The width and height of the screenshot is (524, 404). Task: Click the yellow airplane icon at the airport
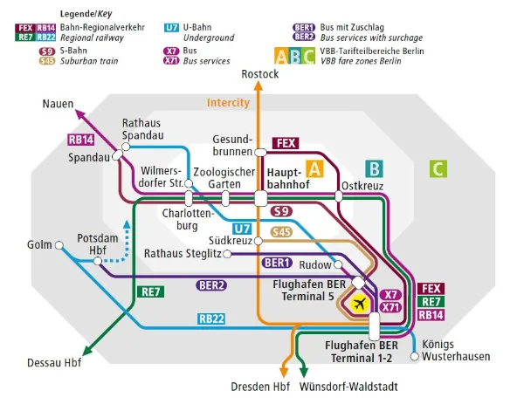click(358, 304)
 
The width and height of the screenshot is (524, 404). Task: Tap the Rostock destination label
click(259, 74)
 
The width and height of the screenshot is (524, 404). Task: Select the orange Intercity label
click(228, 103)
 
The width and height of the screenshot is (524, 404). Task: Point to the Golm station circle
click(59, 246)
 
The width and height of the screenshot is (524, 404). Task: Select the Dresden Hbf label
click(259, 387)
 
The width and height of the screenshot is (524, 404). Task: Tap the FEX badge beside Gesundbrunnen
click(286, 142)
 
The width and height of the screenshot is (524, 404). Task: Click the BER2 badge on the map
click(212, 285)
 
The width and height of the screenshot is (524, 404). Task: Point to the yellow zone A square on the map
click(315, 169)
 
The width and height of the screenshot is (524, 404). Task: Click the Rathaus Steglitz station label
click(178, 254)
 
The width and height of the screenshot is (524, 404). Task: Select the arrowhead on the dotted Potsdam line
click(128, 224)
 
